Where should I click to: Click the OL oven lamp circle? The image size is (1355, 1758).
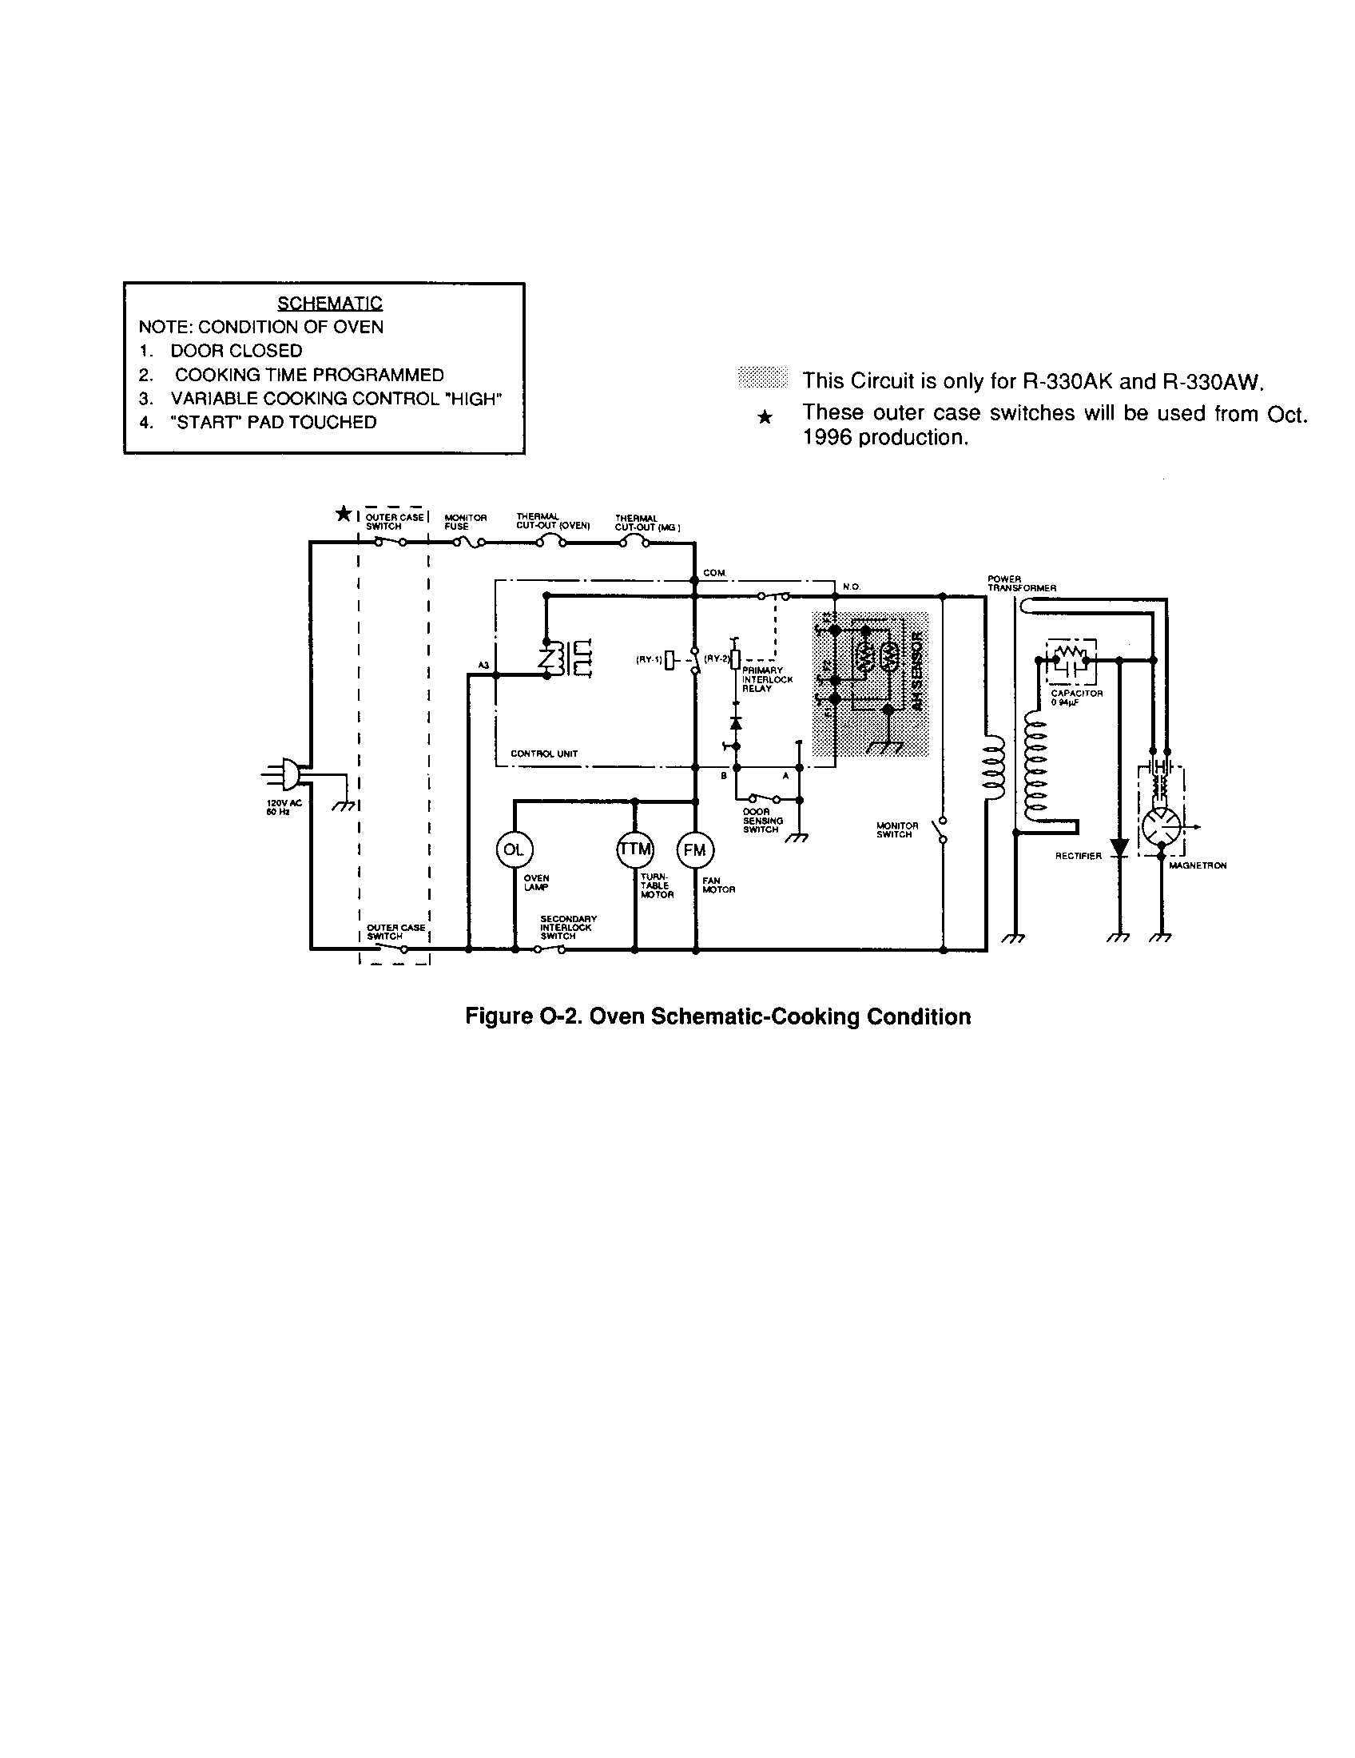[514, 850]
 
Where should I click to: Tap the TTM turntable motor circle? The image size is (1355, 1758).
[635, 850]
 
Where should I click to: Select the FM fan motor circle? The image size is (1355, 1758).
[695, 850]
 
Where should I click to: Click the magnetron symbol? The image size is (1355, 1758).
[1161, 827]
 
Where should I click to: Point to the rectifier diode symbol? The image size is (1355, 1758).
[1119, 848]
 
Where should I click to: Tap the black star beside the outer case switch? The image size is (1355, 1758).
[343, 514]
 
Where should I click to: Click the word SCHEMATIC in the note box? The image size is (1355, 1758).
[330, 304]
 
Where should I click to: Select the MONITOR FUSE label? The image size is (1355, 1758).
[465, 523]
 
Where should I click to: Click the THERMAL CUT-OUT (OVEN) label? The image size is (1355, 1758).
[553, 522]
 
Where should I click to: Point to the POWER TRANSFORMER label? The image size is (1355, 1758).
[1021, 583]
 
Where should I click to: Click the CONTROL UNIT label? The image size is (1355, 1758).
[544, 754]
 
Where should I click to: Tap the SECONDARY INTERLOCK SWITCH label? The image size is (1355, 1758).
[567, 927]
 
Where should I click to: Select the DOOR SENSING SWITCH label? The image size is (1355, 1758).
[762, 820]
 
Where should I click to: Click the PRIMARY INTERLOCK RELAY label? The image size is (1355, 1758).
[767, 679]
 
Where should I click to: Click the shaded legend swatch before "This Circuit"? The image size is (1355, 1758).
[762, 377]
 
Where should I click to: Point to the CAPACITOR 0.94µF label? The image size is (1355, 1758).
[1076, 698]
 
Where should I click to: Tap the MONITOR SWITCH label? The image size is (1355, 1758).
[896, 830]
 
